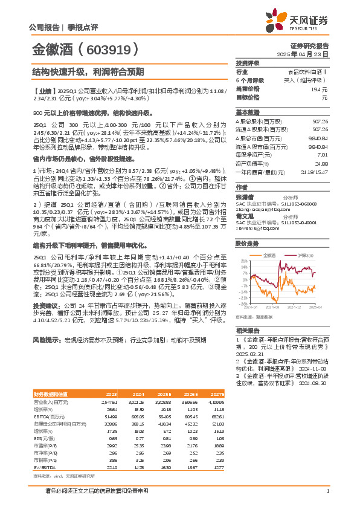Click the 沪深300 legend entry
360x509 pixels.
coord(303,256)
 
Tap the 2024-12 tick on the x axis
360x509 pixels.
coord(295,307)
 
